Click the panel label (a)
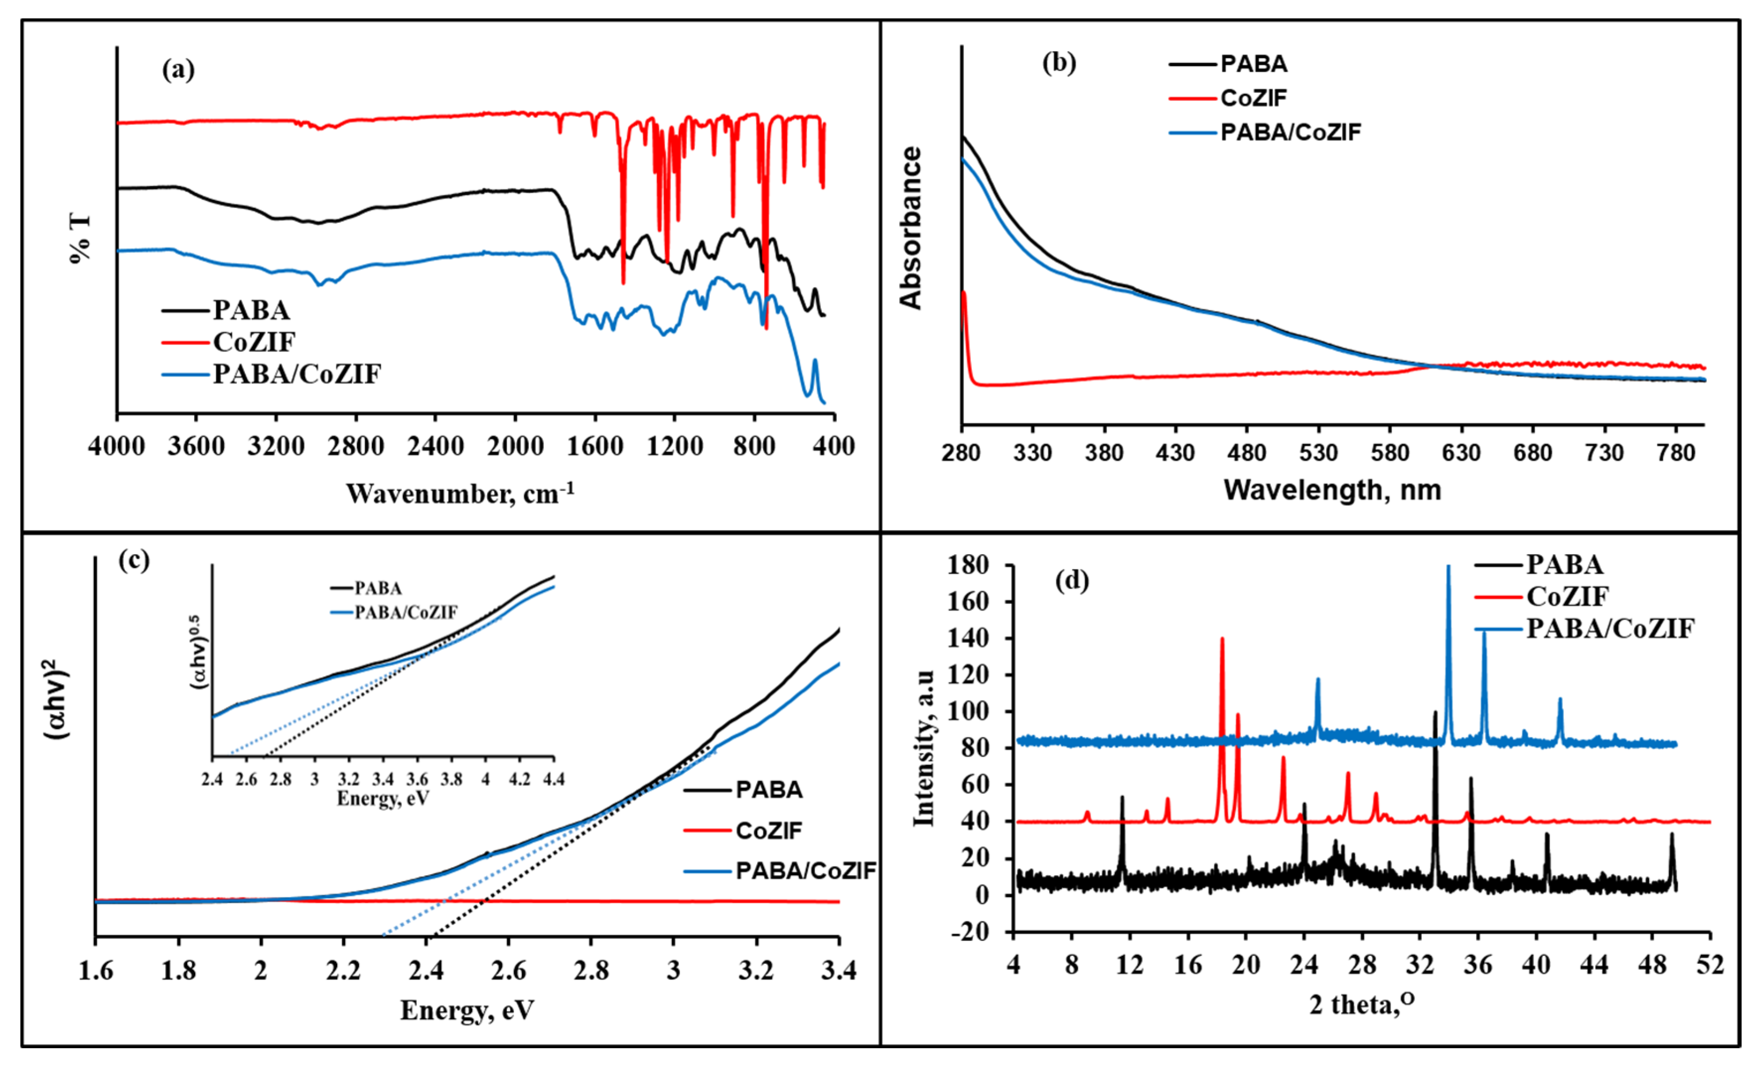coord(178,70)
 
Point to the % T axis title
coord(80,237)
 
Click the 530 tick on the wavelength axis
coord(1319,453)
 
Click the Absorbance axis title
coord(911,228)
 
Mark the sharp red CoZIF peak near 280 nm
coord(964,293)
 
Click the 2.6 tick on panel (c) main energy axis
coord(508,970)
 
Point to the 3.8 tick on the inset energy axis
coord(452,779)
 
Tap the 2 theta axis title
coord(1362,1004)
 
